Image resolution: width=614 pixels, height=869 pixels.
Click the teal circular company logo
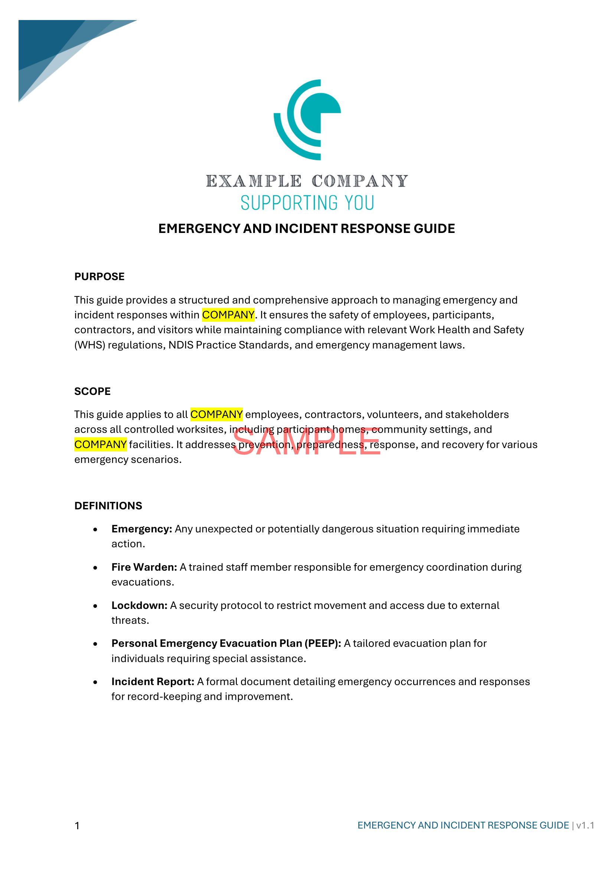pyautogui.click(x=307, y=120)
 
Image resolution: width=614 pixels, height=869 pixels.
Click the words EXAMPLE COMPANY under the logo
pyautogui.click(x=307, y=181)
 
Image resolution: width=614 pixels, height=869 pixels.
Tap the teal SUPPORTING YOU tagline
pyautogui.click(x=307, y=203)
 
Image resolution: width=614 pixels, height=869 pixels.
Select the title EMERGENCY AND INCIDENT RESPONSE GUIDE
pyautogui.click(x=307, y=228)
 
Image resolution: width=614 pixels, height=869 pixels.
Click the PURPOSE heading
pyautogui.click(x=99, y=277)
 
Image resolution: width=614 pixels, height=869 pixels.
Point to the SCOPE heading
pyautogui.click(x=93, y=391)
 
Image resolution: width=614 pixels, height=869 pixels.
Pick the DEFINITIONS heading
pyautogui.click(x=108, y=506)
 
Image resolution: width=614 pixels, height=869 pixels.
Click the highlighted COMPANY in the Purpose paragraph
pyautogui.click(x=228, y=315)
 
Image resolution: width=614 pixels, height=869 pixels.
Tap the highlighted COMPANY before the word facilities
pyautogui.click(x=100, y=444)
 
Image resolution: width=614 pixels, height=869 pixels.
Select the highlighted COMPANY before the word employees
pyautogui.click(x=216, y=415)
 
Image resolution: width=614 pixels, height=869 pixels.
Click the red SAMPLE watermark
pyautogui.click(x=307, y=441)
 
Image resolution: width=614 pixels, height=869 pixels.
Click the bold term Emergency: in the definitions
pyautogui.click(x=142, y=529)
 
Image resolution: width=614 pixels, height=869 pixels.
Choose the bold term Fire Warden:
pyautogui.click(x=144, y=567)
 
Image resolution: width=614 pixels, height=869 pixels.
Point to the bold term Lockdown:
pyautogui.click(x=139, y=605)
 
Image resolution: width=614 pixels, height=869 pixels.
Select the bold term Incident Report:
pyautogui.click(x=153, y=682)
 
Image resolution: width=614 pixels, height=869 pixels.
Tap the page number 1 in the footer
pyautogui.click(x=77, y=826)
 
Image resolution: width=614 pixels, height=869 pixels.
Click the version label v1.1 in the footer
pyautogui.click(x=585, y=825)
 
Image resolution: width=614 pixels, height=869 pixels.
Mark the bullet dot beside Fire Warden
pyautogui.click(x=95, y=568)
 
